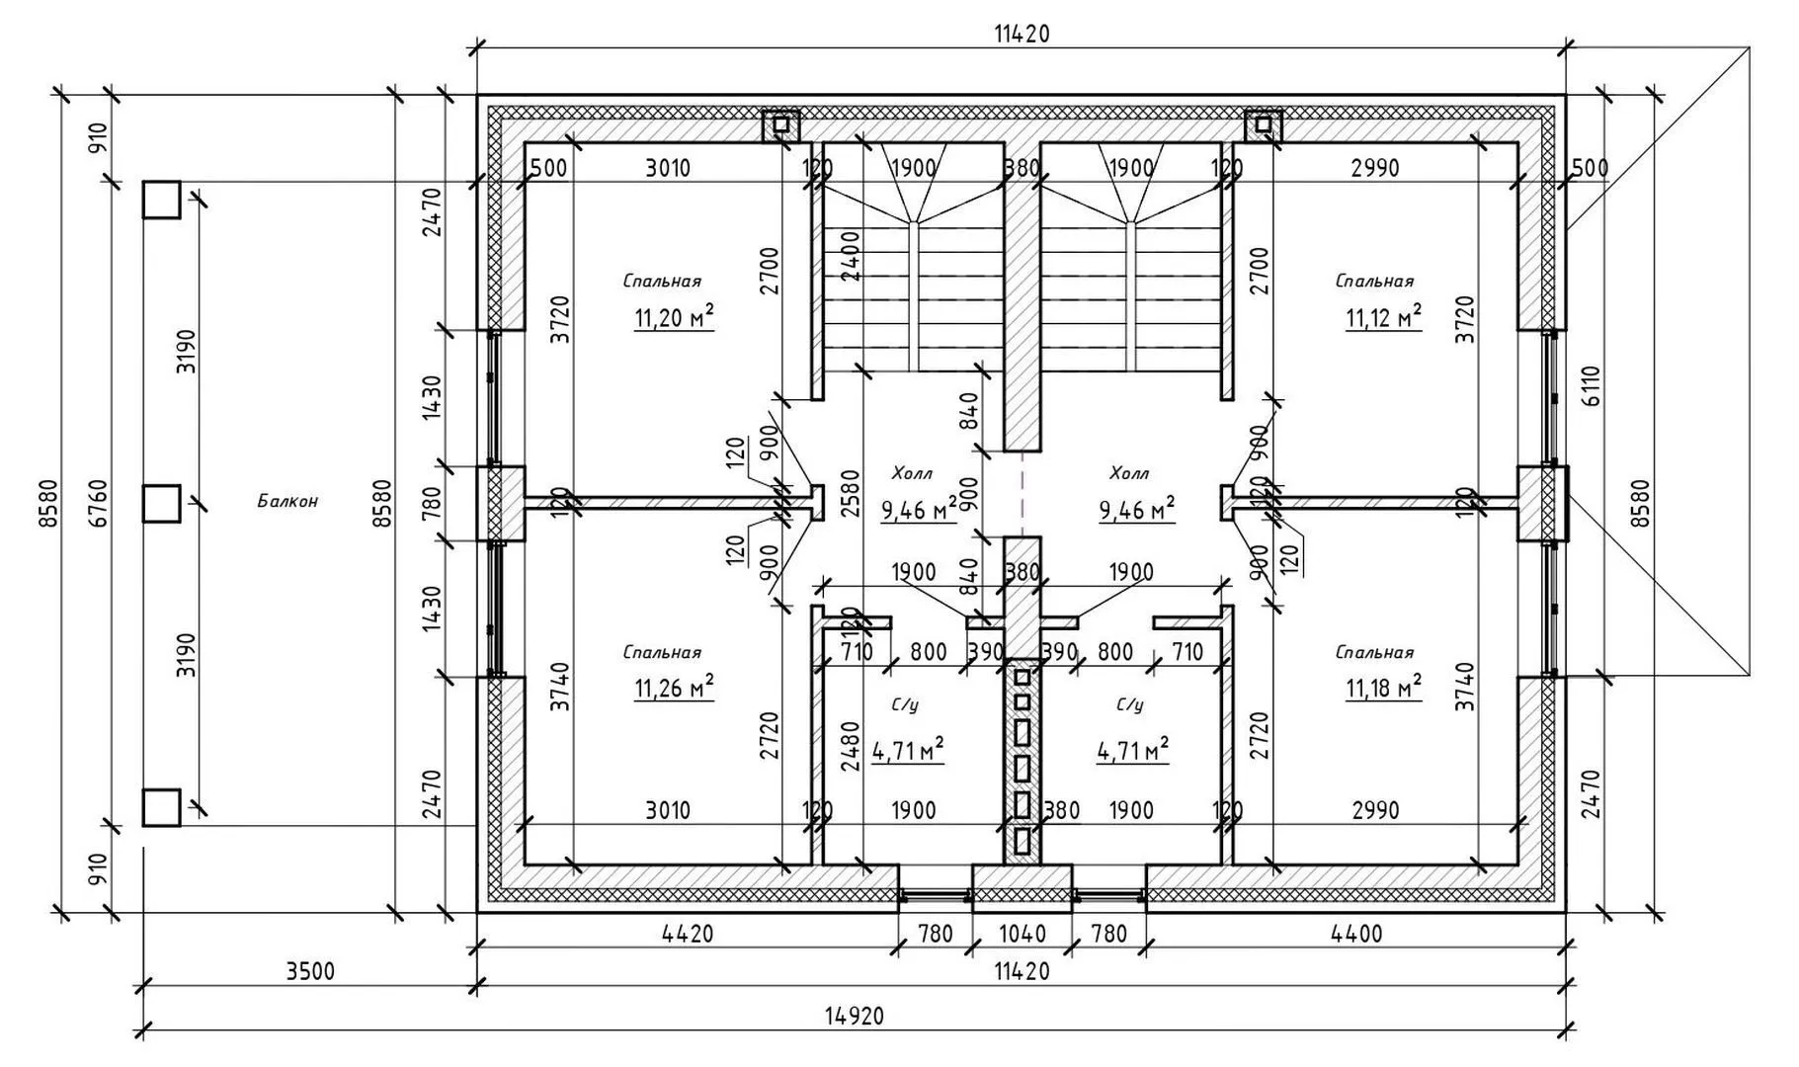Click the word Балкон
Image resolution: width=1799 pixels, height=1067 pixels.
(x=287, y=501)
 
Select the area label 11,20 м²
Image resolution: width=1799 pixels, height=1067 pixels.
(x=674, y=318)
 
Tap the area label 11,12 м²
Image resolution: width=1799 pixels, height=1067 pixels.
(x=1383, y=318)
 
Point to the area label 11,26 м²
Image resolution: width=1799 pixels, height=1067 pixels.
(x=674, y=688)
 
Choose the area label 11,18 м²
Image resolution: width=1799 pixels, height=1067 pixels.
(x=1383, y=688)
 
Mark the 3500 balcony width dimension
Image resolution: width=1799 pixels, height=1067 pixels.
(x=310, y=971)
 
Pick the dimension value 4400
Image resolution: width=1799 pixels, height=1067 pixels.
(x=1357, y=934)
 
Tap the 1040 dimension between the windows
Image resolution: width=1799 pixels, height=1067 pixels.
(x=1022, y=934)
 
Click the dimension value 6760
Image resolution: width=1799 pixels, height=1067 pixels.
(x=98, y=502)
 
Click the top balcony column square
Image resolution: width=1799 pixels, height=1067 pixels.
(x=161, y=200)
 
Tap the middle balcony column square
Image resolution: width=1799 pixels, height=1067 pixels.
(x=161, y=503)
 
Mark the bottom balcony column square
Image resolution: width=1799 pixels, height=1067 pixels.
(x=161, y=806)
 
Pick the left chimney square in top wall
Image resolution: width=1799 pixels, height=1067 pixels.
(x=780, y=124)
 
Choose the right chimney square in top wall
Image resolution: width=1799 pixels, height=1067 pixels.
(x=1263, y=124)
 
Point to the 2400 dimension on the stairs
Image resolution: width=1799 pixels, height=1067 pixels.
(x=851, y=256)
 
